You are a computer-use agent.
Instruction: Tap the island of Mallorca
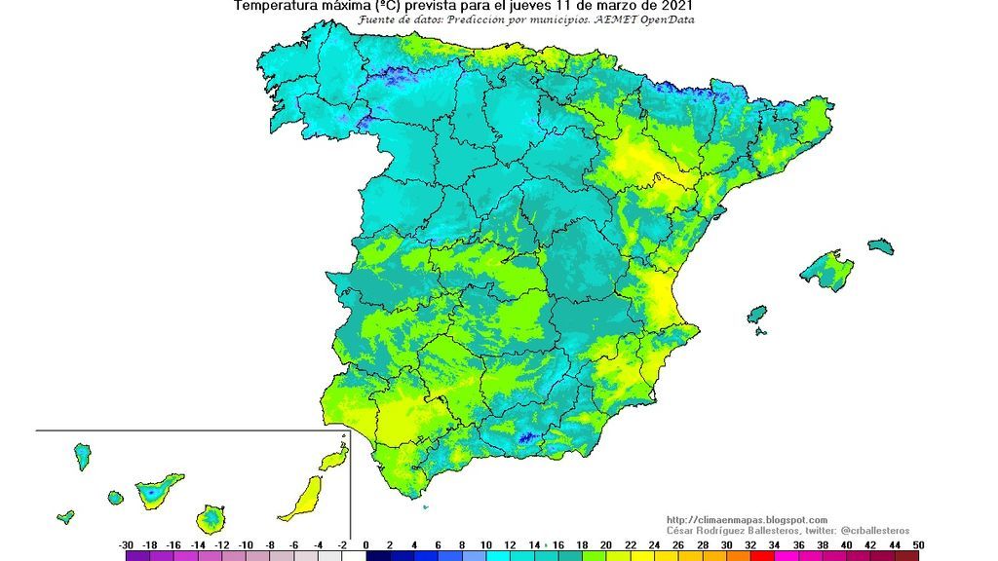tap(825, 269)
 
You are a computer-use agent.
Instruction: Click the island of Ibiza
tap(757, 316)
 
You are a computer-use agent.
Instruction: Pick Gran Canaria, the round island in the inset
tap(211, 517)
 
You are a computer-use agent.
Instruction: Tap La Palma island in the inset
tap(83, 456)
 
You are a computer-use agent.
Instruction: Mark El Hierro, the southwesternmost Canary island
tap(65, 517)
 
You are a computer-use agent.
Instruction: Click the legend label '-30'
tap(126, 545)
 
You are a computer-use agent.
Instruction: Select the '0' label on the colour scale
tap(365, 545)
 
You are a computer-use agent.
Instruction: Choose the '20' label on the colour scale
tap(605, 545)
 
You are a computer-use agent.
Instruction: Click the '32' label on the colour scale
tap(749, 545)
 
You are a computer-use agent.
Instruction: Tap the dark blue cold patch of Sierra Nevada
tap(526, 439)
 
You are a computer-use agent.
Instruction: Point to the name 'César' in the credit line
tap(683, 530)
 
